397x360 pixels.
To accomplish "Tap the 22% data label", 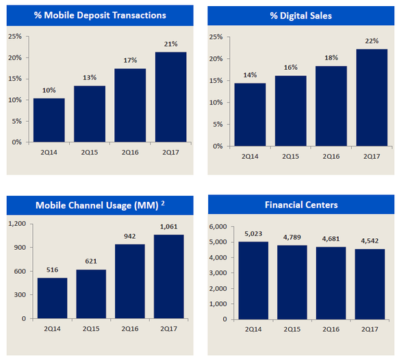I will coord(371,41).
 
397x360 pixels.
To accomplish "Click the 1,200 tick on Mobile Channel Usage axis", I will coord(16,224).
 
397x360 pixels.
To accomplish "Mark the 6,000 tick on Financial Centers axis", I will coord(217,227).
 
